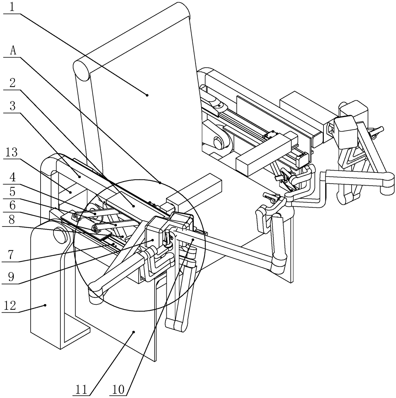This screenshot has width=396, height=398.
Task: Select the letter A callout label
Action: pos(13,51)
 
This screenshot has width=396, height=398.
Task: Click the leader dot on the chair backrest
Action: pos(147,95)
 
